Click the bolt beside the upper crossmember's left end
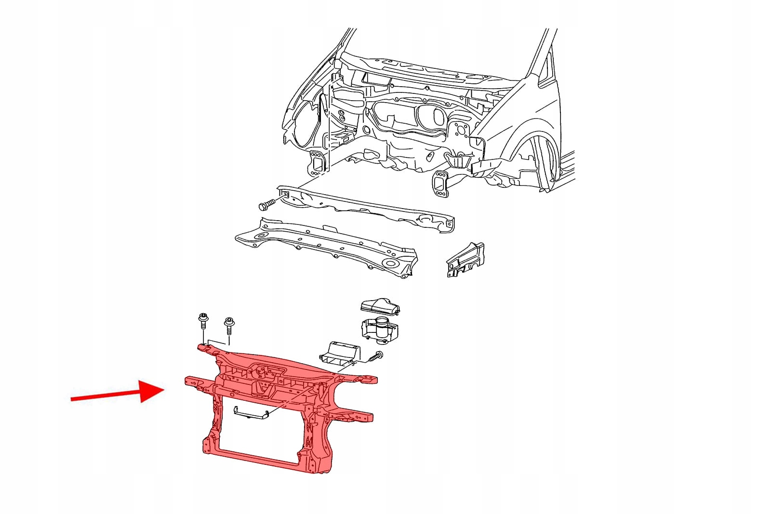[266, 204]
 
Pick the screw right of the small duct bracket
[375, 357]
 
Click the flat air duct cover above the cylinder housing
[380, 307]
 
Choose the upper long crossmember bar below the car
[366, 208]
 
